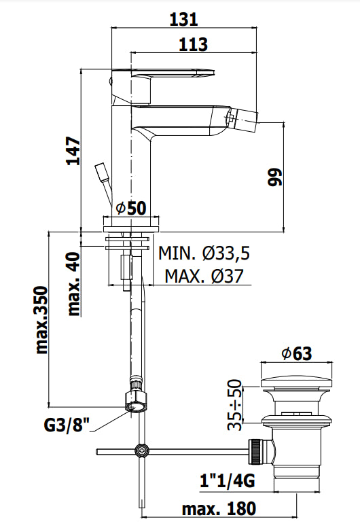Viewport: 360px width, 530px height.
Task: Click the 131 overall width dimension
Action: (x=183, y=20)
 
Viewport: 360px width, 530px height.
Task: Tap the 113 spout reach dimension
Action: (x=193, y=45)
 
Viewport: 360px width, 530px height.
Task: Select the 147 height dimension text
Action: (x=73, y=151)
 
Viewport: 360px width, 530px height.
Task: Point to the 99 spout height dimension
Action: (x=274, y=177)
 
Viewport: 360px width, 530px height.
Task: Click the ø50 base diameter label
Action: (x=131, y=207)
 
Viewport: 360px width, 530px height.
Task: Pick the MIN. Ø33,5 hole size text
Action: (x=204, y=253)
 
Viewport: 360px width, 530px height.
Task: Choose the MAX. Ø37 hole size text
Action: (x=204, y=276)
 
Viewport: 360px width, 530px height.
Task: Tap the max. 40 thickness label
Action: (x=73, y=284)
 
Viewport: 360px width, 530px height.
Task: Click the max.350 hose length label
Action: (x=41, y=320)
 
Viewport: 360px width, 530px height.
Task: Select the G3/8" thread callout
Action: (x=67, y=425)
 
